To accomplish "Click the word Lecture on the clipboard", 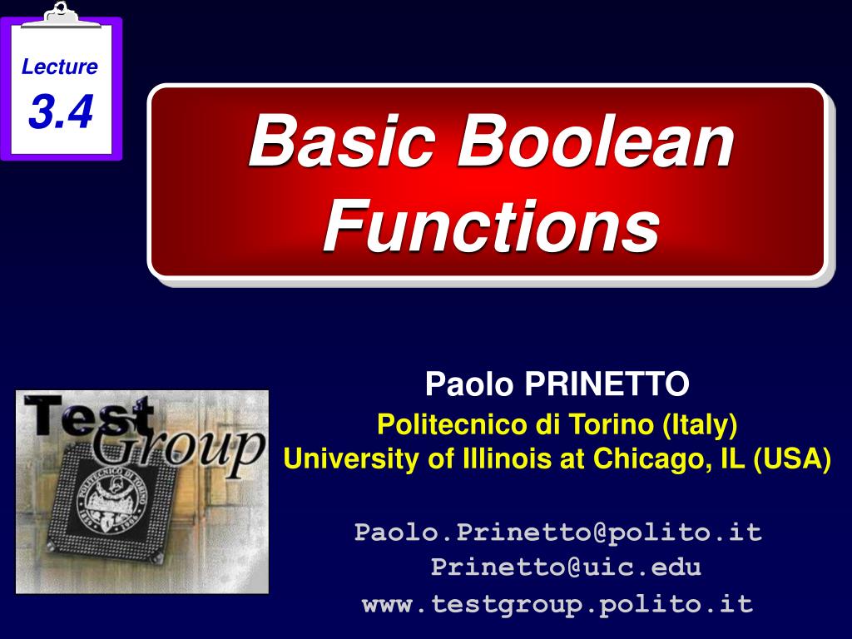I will pos(60,67).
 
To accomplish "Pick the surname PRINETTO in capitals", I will pos(607,385).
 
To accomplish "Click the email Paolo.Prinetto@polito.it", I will pos(557,532).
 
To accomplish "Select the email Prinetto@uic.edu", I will pos(566,567).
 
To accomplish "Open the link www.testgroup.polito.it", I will pos(557,604).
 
